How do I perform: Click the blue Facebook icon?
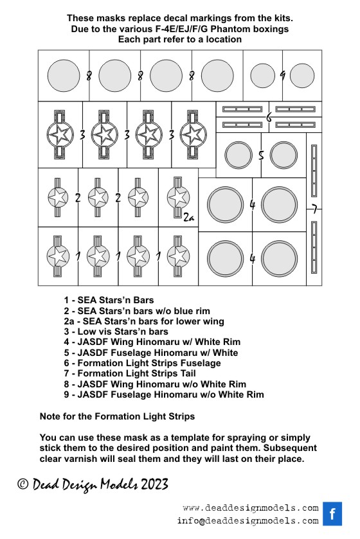tap(332, 514)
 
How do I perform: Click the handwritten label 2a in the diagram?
tap(188, 217)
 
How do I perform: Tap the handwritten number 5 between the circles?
tap(261, 155)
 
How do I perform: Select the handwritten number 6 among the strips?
tap(269, 117)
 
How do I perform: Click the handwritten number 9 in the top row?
tap(282, 75)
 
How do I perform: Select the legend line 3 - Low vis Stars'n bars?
tap(116, 331)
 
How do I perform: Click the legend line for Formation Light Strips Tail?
tap(130, 373)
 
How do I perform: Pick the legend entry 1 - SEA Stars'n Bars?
tap(109, 300)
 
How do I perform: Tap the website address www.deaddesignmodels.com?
tap(251, 508)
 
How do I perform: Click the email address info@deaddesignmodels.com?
tap(248, 521)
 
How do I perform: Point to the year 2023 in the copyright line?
tap(154, 484)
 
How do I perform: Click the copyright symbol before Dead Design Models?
tap(22, 484)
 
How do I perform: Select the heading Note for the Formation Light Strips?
tap(117, 416)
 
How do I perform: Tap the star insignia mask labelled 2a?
tap(178, 198)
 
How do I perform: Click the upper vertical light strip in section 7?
tap(314, 171)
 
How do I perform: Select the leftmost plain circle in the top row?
tap(64, 76)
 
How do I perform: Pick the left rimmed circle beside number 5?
tap(239, 155)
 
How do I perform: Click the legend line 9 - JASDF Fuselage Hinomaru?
tap(164, 394)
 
